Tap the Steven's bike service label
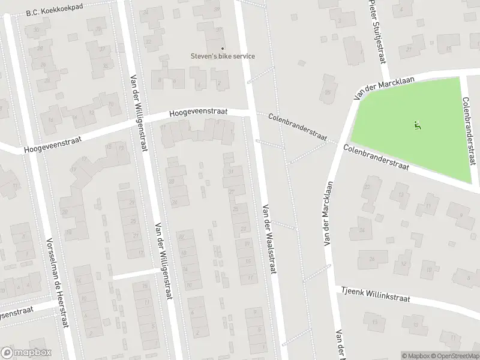[x=223, y=56]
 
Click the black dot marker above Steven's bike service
[x=223, y=48]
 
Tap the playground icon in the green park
[x=417, y=125]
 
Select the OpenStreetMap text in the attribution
[x=455, y=356]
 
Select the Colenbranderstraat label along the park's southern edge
[x=376, y=157]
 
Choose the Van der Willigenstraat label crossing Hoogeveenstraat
[x=137, y=113]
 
